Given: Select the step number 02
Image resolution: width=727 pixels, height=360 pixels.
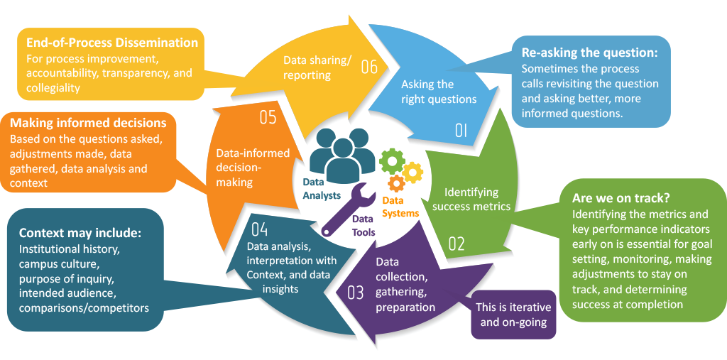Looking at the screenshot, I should [456, 244].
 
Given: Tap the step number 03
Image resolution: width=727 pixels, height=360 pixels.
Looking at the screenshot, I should [355, 292].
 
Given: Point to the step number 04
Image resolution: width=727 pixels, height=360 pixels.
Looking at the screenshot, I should [259, 229].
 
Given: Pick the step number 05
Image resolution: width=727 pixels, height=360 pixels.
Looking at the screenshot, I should [268, 117].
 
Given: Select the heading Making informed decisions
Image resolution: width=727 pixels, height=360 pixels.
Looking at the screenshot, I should [89, 123].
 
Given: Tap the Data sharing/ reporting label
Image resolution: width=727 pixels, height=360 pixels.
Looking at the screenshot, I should [317, 67].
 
